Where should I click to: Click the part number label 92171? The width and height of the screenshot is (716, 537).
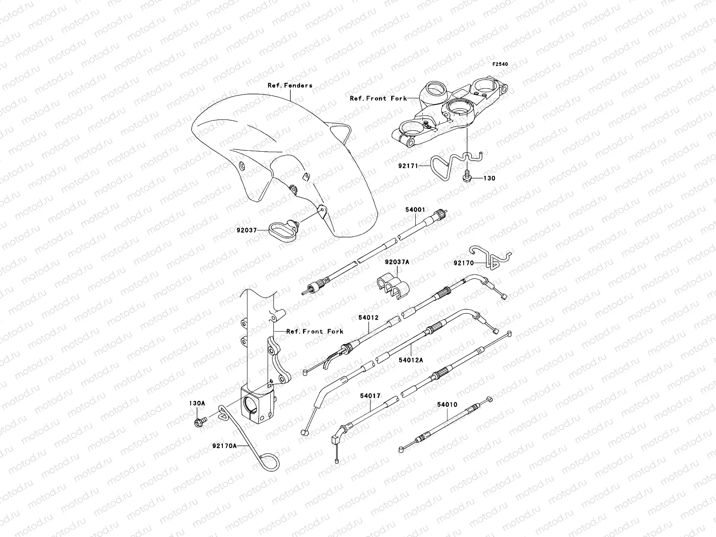(x=408, y=166)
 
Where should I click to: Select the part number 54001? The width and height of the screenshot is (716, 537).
(x=415, y=209)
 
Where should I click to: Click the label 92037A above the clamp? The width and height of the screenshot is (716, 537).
(x=396, y=262)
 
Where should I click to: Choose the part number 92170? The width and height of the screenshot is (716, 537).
(x=464, y=263)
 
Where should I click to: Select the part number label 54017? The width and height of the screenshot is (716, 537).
(x=370, y=396)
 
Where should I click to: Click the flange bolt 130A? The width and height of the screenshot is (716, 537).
(x=199, y=421)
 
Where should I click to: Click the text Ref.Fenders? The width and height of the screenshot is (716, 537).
(x=296, y=85)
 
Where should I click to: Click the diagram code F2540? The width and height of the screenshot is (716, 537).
(x=501, y=64)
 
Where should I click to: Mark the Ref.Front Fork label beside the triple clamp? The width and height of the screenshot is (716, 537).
(x=378, y=98)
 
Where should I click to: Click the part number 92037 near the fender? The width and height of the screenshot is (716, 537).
(x=247, y=230)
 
